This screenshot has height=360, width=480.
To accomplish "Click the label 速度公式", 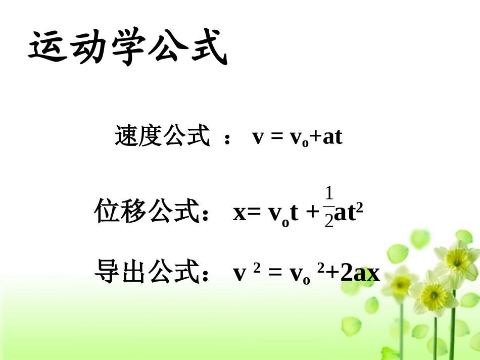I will point(162,136).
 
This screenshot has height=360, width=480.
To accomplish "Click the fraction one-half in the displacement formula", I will point(329,208).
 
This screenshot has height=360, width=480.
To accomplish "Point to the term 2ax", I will point(360,273).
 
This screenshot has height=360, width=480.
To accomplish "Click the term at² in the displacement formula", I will point(349,213).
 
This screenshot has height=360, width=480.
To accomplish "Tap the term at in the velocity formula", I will point(332,137).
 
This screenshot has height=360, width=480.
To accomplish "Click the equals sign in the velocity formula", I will point(275,137).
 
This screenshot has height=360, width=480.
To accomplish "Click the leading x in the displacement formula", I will point(239,214).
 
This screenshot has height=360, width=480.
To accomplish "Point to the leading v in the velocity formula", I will point(258,137).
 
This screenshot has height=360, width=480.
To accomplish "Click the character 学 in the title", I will point(127,47).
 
